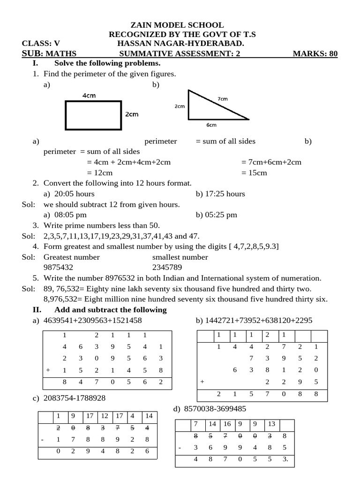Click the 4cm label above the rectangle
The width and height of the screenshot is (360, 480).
coord(89,96)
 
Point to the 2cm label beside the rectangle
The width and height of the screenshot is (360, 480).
coord(132,114)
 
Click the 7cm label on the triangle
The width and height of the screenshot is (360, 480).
coord(223,99)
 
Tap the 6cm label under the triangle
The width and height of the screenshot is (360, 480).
coord(211,125)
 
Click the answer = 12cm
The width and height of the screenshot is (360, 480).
coord(100,172)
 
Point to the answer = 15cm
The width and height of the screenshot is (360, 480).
coord(254,172)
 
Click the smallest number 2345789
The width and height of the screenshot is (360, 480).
coord(167,267)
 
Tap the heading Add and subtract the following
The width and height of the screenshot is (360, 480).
coord(110,310)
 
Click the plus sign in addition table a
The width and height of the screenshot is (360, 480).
coord(48,370)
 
